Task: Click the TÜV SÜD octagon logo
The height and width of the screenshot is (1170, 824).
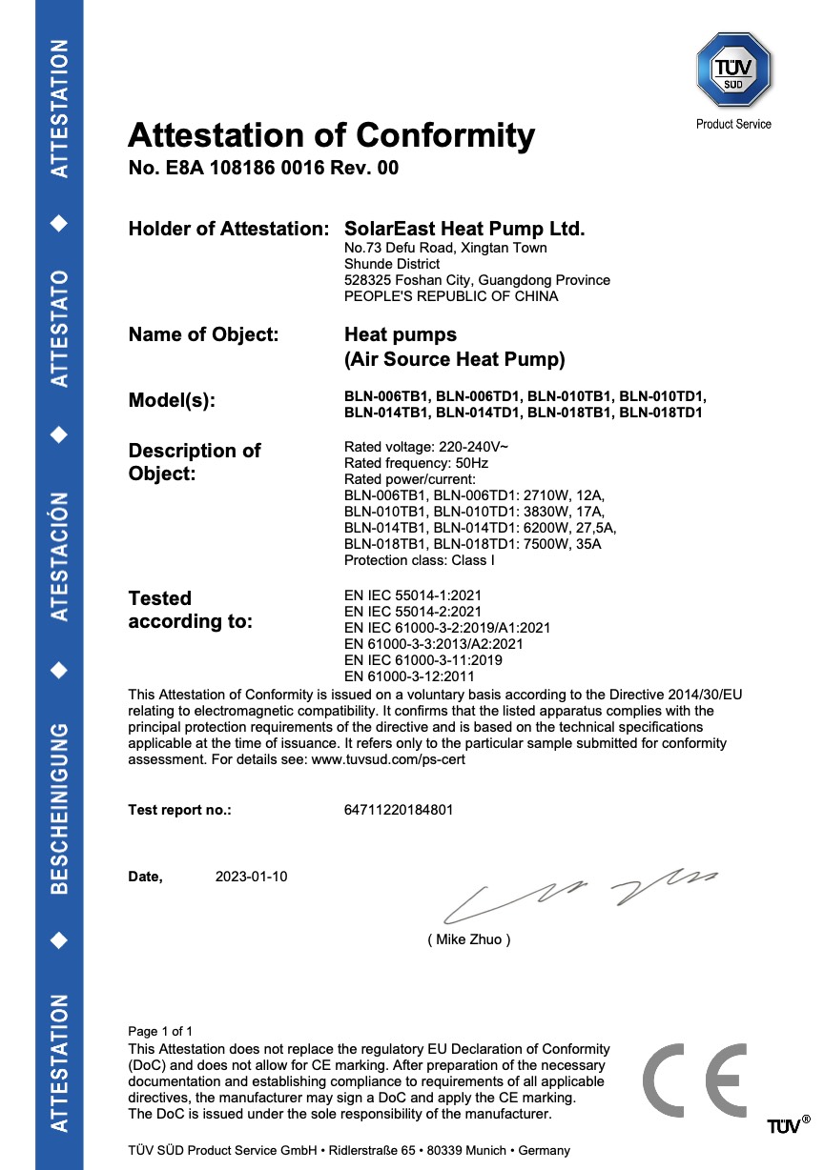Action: (733, 70)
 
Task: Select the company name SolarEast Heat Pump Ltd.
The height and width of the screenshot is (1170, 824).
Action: (463, 229)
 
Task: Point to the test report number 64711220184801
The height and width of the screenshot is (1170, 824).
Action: (399, 811)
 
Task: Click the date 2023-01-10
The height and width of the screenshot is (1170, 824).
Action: (252, 877)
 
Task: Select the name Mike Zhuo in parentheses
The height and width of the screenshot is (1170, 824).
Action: (469, 939)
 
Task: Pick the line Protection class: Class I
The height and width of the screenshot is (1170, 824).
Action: (419, 560)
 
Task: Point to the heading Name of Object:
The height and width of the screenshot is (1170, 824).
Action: (203, 334)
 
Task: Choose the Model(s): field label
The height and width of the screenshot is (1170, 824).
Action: (172, 401)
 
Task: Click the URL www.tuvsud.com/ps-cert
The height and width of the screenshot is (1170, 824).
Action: (389, 759)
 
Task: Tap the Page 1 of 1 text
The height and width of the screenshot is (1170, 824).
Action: (160, 1031)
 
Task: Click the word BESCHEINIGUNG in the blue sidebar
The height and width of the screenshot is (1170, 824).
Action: (59, 808)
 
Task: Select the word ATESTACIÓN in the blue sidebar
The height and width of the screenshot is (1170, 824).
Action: (59, 556)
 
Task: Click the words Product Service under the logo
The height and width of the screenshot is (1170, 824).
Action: (733, 124)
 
